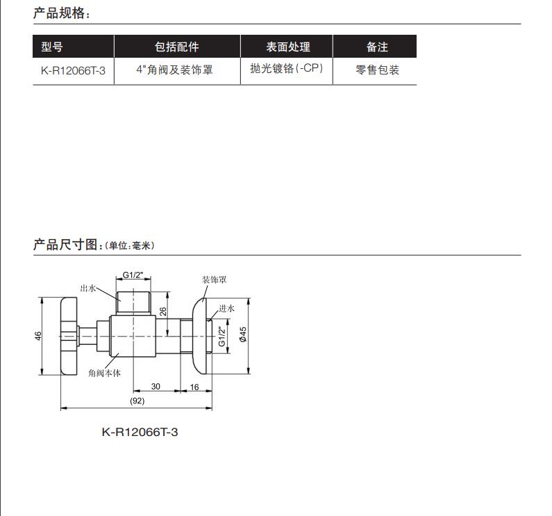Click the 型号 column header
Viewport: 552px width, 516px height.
click(52, 47)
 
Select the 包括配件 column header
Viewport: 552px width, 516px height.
click(176, 47)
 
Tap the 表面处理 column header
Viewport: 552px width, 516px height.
click(287, 47)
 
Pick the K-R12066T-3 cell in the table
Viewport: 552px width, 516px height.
click(73, 70)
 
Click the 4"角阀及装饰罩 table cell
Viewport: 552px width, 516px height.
click(174, 70)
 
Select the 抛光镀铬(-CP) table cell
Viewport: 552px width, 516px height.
click(287, 70)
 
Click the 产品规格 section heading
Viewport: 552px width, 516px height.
click(61, 13)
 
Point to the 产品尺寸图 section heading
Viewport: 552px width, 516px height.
click(68, 245)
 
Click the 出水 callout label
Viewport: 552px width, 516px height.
click(87, 287)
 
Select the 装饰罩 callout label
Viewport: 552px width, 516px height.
click(214, 280)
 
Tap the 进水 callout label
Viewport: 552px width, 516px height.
click(227, 308)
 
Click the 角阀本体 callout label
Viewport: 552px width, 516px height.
click(105, 373)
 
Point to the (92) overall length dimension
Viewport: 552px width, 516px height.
click(137, 401)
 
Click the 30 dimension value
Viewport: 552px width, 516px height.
click(156, 386)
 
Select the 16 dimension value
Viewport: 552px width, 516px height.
click(194, 386)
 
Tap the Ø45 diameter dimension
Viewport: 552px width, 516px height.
click(243, 335)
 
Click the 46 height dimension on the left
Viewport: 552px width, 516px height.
click(39, 335)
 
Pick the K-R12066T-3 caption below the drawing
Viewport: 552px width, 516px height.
click(140, 433)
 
